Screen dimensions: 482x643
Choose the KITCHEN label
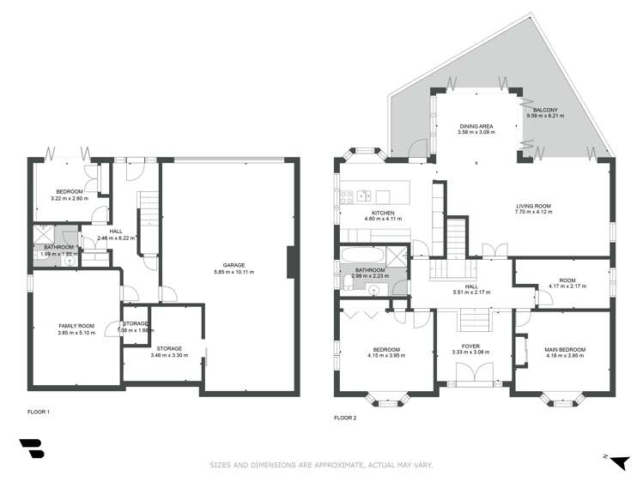(382, 212)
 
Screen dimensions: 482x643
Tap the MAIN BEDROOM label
(564, 349)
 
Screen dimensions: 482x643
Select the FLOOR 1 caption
(38, 413)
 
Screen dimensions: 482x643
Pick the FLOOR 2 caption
(344, 418)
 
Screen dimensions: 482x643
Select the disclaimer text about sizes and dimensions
(322, 465)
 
